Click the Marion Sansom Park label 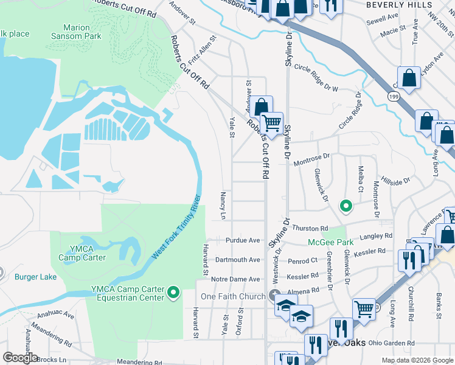82,32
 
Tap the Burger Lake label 35,277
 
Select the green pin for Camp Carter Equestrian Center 173,293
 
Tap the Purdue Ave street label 243,240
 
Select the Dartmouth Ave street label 237,260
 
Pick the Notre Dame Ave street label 236,279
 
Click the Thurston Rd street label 310,228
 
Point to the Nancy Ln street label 223,206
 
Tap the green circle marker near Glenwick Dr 346,206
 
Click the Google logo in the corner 21,358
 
